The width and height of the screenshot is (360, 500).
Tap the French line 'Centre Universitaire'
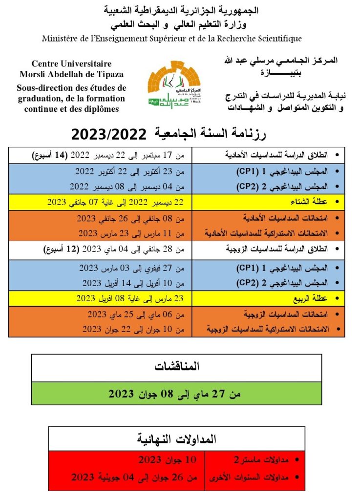click(71, 64)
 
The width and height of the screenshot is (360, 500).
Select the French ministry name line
click(171, 38)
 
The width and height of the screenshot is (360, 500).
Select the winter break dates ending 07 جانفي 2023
click(116, 202)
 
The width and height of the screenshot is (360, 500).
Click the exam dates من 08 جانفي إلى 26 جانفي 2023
click(131, 218)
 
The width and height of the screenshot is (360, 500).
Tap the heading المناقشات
click(176, 367)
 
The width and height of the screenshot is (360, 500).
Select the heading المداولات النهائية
click(176, 439)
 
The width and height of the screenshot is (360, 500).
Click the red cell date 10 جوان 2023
click(168, 460)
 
